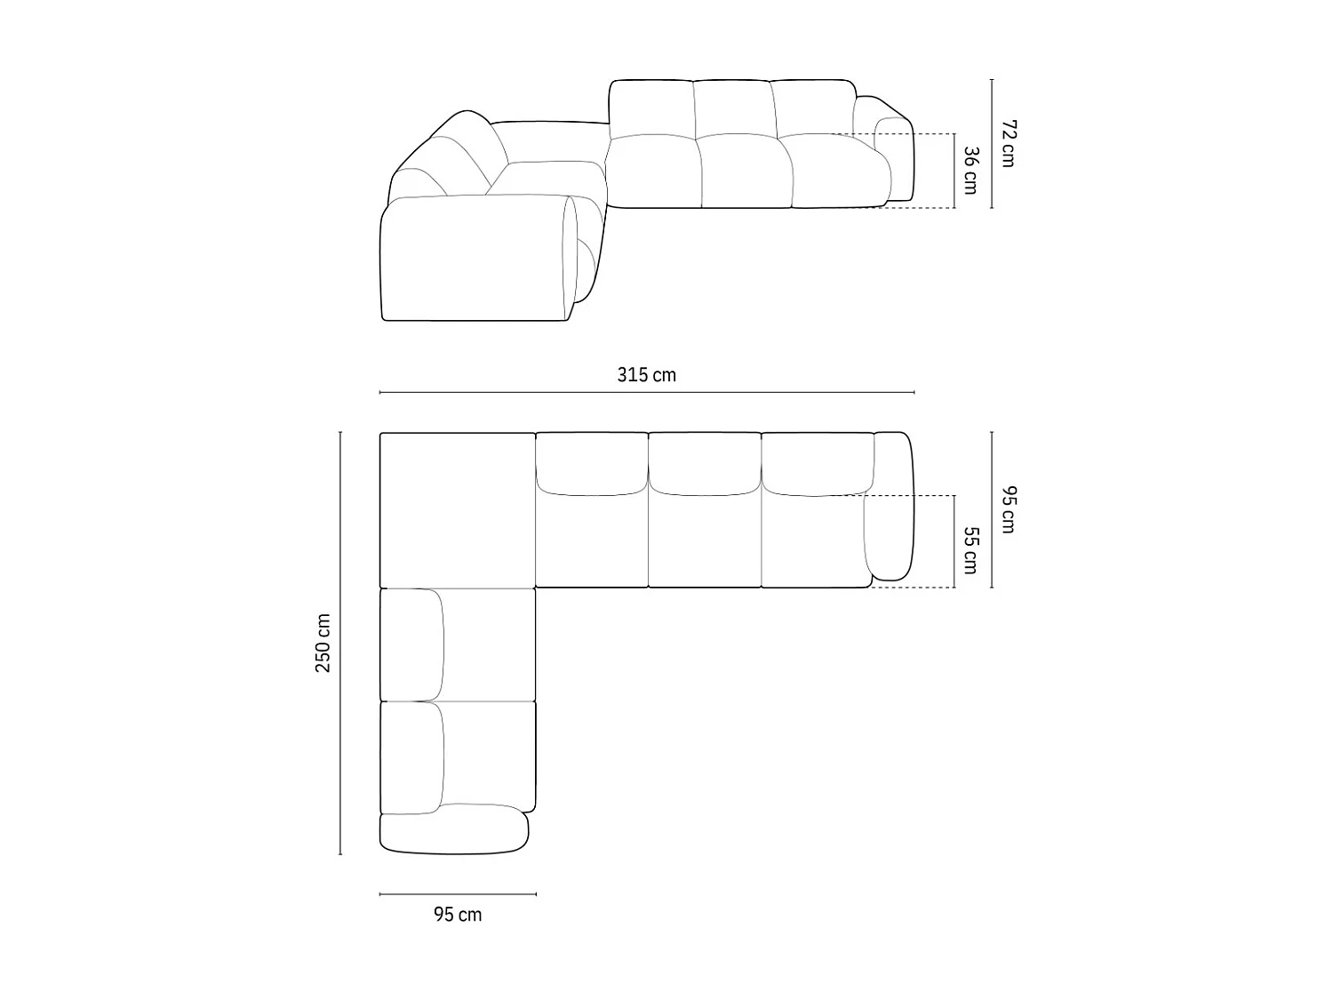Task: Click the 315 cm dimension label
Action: click(646, 375)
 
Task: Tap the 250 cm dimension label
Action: click(323, 643)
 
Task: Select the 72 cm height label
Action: click(1007, 142)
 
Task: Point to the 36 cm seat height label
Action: click(970, 171)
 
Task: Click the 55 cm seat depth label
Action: click(970, 550)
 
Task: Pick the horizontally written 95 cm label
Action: click(458, 915)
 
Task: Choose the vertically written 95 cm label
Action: click(1007, 509)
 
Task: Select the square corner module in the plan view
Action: click(457, 509)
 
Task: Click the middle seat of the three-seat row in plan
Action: click(704, 538)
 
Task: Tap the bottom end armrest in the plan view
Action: click(453, 830)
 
